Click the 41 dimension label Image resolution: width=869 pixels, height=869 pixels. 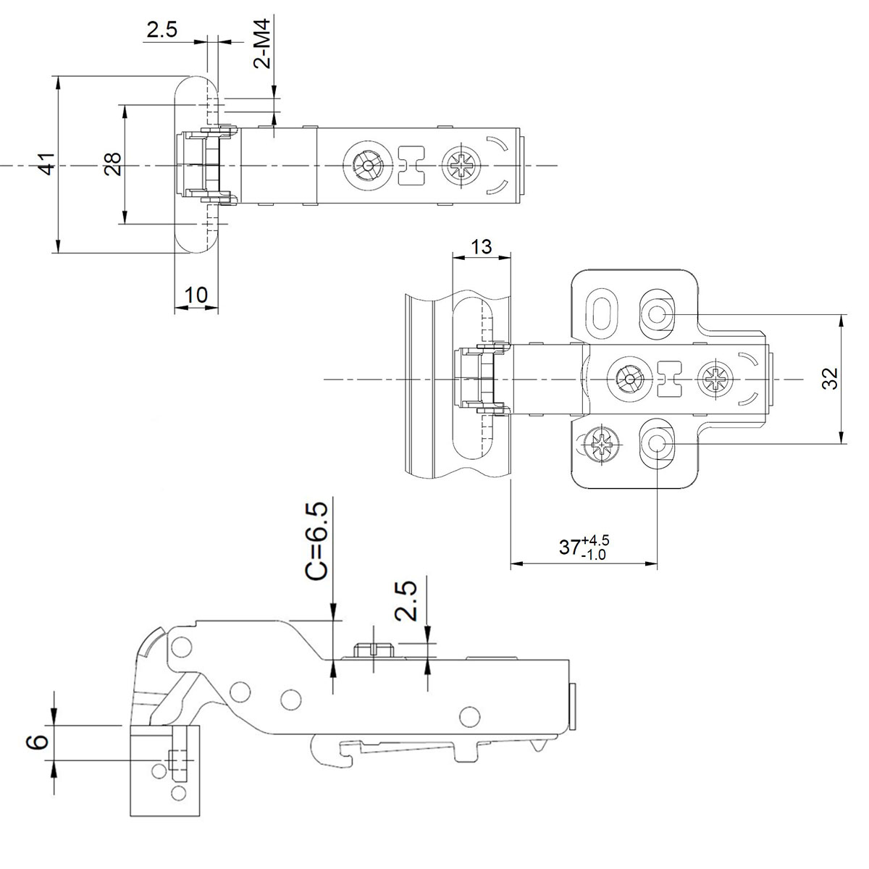45,165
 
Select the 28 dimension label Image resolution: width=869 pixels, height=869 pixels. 112,165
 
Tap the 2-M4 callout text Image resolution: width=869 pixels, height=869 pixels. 264,44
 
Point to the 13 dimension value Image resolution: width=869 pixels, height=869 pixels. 481,247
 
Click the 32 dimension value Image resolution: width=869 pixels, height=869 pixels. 831,379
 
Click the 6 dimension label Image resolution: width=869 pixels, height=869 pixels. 41,741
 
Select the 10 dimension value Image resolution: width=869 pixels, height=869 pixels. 196,295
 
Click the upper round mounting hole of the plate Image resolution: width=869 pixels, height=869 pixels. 657,314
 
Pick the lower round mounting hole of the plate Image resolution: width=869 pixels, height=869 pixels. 657,442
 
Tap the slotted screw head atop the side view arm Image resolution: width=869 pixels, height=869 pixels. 371,647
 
